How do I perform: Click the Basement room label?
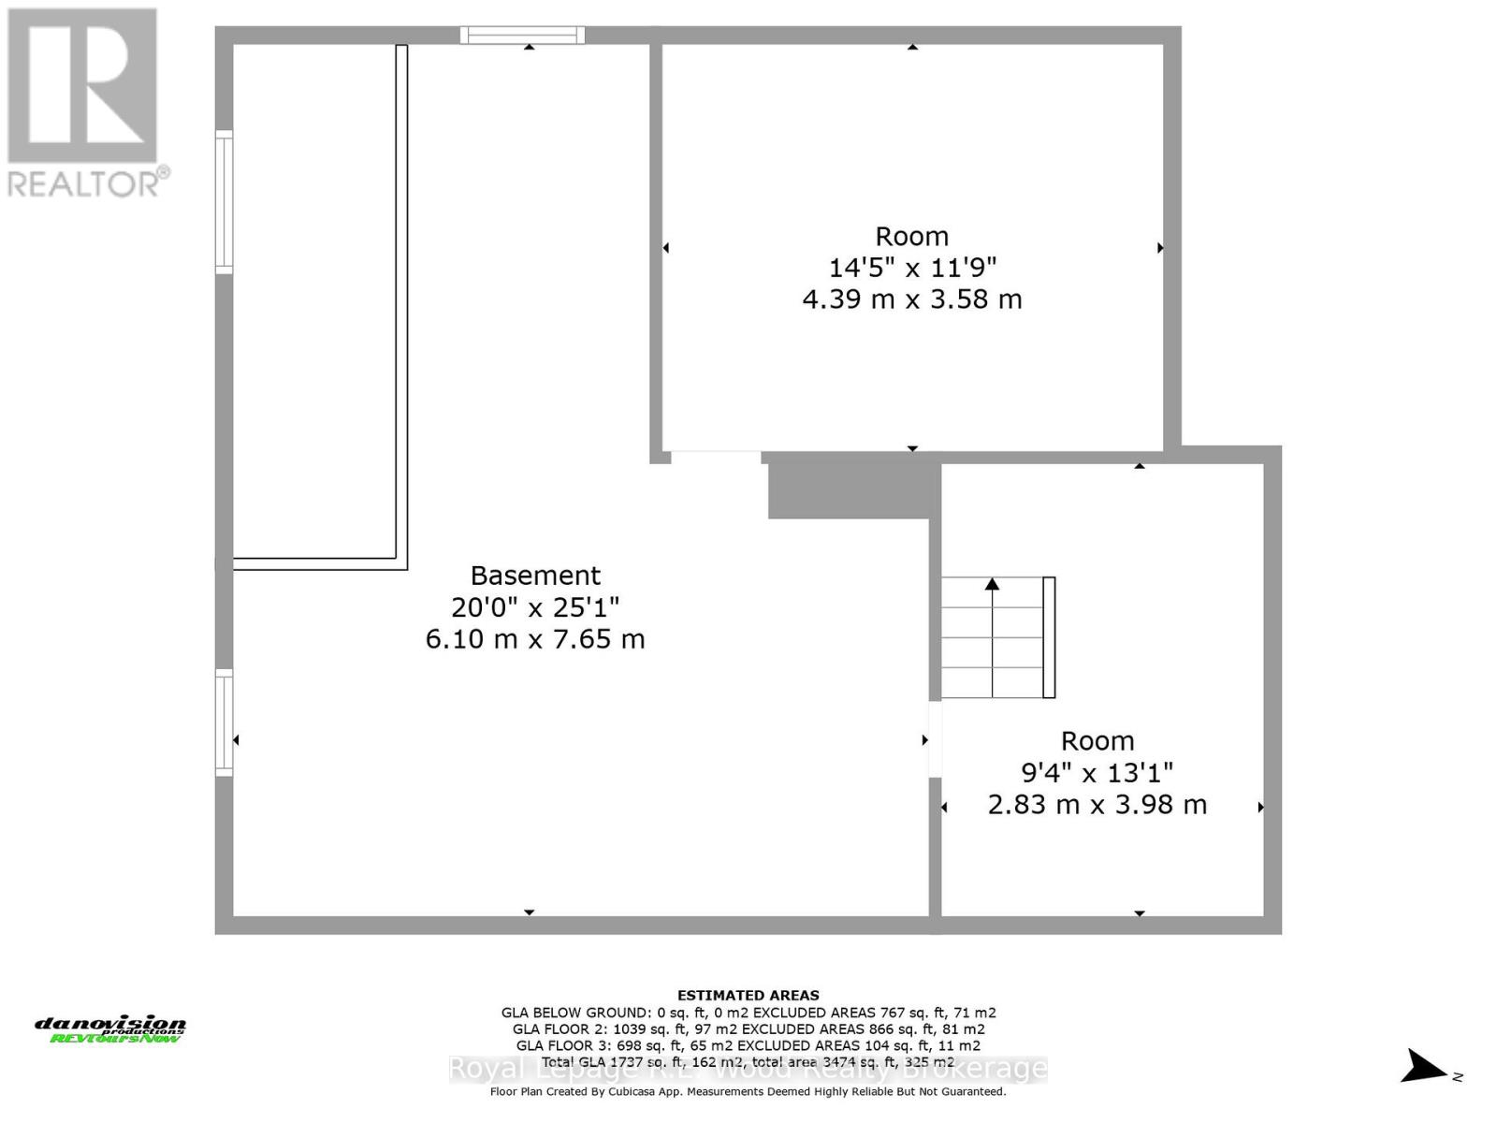535,576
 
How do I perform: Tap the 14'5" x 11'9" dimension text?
912,268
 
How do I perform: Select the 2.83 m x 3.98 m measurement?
1097,805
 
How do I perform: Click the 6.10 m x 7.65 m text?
535,639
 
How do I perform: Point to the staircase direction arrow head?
992,584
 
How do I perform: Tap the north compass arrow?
1425,1066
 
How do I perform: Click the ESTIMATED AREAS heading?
748,996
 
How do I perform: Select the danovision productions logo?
110,1029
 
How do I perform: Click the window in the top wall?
522,36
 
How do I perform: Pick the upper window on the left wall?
224,202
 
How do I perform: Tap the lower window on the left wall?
224,722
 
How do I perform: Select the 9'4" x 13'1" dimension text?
1097,773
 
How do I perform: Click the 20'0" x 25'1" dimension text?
535,607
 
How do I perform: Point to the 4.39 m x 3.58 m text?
912,299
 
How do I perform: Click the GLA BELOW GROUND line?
748,1013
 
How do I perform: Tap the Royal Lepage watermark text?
748,1069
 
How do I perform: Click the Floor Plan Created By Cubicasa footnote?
748,1092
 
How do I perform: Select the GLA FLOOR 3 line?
748,1045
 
